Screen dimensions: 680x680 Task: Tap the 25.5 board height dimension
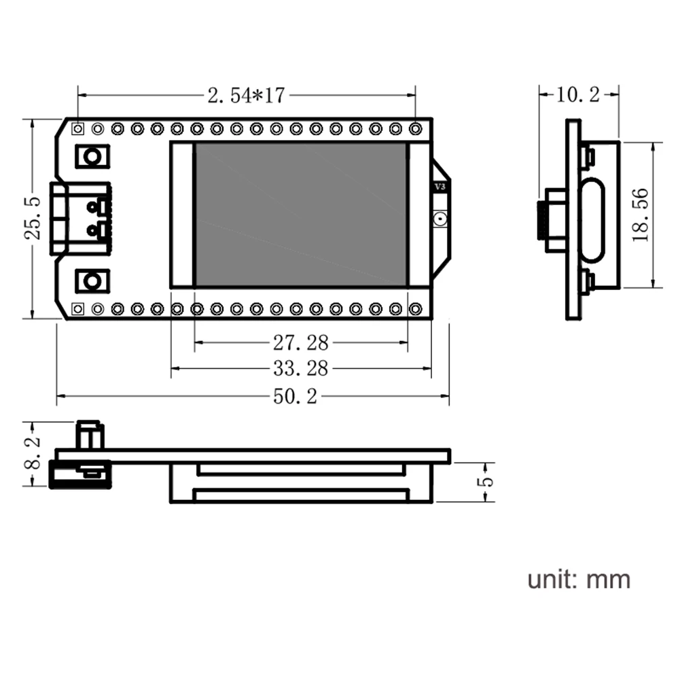(x=33, y=218)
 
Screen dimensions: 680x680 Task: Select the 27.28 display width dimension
(x=300, y=341)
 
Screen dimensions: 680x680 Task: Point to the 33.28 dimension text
(x=300, y=369)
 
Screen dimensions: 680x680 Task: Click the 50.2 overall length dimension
(x=295, y=397)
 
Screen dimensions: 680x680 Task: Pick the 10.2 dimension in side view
(x=577, y=95)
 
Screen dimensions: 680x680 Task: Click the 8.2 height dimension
(x=33, y=454)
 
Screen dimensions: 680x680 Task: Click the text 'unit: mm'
(x=579, y=579)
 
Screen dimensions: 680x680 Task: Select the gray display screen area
(x=300, y=215)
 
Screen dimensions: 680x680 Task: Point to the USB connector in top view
(x=80, y=218)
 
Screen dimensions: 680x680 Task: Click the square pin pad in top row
(x=79, y=128)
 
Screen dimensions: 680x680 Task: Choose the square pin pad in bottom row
(x=79, y=309)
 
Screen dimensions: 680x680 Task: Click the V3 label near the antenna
(x=440, y=186)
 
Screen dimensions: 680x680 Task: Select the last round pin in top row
(x=416, y=128)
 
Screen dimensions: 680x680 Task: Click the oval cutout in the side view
(x=592, y=219)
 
